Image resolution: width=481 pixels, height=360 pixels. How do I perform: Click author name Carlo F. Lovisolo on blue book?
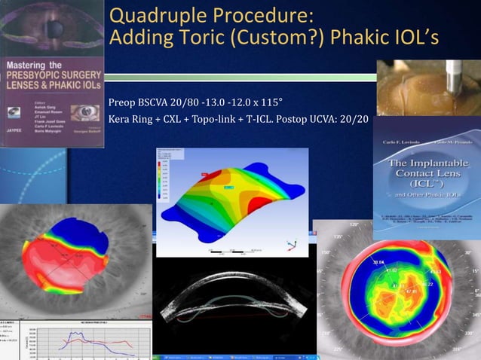(397, 142)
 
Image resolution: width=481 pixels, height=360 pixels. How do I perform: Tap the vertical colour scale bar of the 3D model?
(161, 178)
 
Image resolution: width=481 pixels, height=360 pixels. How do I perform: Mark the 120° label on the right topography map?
(354, 225)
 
